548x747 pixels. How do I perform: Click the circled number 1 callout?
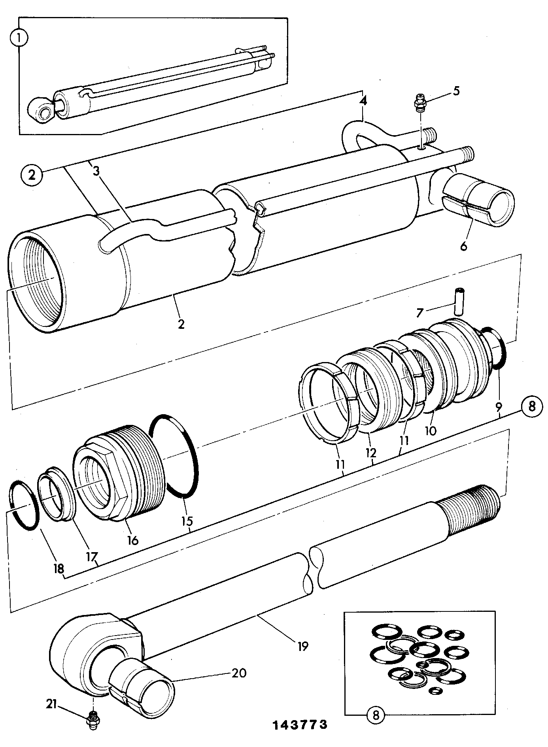click(x=19, y=39)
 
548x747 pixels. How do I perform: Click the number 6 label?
click(x=463, y=246)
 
